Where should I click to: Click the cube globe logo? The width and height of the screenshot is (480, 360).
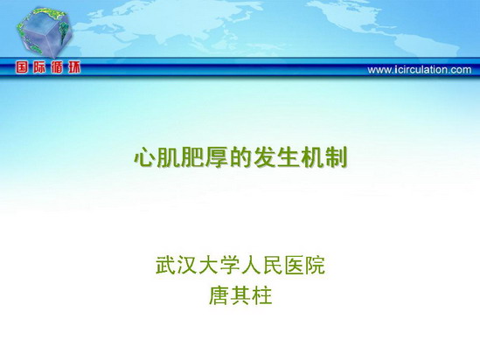click(44, 32)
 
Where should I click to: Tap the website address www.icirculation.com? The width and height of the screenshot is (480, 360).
click(420, 70)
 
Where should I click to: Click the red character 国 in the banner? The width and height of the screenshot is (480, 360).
click(22, 67)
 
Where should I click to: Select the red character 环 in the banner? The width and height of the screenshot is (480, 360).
click(74, 67)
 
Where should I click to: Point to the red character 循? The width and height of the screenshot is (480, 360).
click(57, 67)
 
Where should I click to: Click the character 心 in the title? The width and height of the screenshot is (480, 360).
click(144, 157)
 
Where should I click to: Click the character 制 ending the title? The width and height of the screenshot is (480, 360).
click(337, 157)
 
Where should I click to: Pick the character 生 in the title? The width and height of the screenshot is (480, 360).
click(289, 157)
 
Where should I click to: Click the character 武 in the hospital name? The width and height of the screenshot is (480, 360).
click(165, 265)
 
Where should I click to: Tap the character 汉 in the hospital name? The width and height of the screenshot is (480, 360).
click(187, 265)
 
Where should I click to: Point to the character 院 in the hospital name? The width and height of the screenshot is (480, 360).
click(315, 265)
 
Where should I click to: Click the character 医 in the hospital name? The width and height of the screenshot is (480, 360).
click(293, 265)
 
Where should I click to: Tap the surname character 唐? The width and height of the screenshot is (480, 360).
click(219, 295)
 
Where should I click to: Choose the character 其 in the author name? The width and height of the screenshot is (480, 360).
click(240, 295)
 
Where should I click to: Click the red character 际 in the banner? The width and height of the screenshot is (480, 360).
click(39, 67)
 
